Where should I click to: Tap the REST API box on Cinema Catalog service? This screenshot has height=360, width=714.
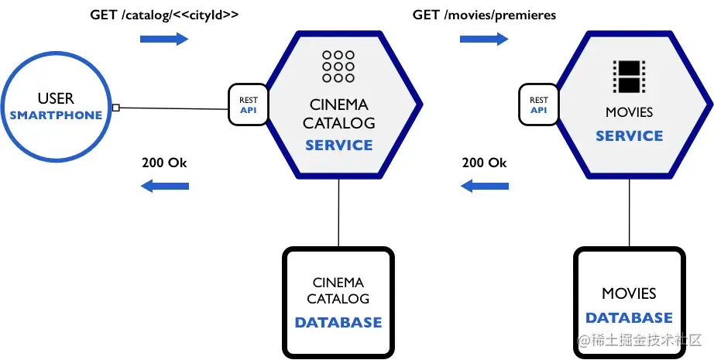pos(249,105)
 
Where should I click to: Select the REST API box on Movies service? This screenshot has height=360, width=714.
pos(539,105)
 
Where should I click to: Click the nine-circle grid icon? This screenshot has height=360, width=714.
pos(338,67)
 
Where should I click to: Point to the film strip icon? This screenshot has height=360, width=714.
pos(629,77)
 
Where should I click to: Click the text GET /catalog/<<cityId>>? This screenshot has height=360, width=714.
pos(164,15)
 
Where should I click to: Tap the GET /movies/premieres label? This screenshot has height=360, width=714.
pos(484,15)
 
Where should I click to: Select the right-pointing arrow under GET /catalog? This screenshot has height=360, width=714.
pos(164,39)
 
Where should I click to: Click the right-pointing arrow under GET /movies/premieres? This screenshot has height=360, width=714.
pos(484,39)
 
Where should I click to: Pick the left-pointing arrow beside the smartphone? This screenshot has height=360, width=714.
pos(165,186)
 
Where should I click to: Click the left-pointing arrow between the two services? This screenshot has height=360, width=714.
pos(485,186)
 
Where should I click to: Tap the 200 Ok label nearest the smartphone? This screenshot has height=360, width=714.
pos(164,163)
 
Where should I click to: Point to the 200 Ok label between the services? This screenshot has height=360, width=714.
pos(484,163)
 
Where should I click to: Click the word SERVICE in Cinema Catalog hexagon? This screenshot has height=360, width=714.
pos(338,146)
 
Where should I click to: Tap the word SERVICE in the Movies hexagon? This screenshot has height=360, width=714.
pos(630,135)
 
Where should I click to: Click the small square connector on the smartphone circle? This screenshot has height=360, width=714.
pos(115,108)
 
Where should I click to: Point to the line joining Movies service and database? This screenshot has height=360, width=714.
pos(630,212)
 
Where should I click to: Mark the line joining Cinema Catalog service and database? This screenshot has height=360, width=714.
pos(338,212)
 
